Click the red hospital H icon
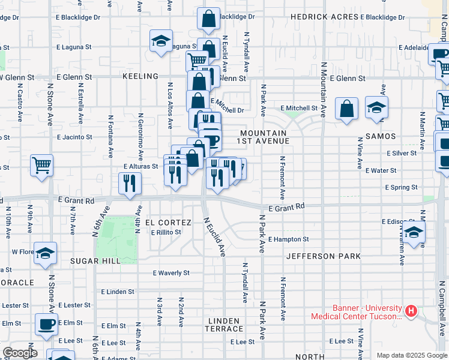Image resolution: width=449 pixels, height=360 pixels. point(411,311)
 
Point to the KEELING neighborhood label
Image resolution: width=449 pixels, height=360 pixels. point(140,77)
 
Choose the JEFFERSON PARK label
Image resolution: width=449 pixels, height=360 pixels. point(323,256)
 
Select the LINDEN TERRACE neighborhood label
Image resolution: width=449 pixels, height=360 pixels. point(224,325)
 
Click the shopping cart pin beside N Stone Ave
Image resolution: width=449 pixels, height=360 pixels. point(41,164)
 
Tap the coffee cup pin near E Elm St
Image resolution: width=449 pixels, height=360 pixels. point(46,324)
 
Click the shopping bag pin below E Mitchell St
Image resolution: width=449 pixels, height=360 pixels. point(347,109)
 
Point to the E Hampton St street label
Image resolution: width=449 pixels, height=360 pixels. point(288,239)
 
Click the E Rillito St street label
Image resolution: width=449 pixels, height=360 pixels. point(166,232)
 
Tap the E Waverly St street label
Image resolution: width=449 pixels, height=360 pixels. point(171,272)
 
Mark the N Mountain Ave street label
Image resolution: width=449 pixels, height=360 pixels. point(323,87)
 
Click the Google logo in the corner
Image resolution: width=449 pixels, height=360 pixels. point(20,353)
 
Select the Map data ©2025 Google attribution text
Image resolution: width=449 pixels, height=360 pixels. point(411,355)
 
